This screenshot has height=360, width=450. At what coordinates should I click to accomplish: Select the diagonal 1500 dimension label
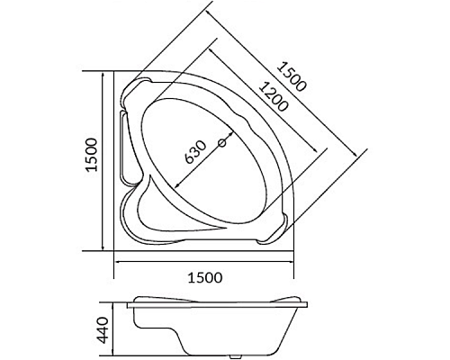(x=292, y=76)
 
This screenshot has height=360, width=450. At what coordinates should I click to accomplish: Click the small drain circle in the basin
(x=220, y=142)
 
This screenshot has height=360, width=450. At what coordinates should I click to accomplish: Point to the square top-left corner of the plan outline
(x=114, y=72)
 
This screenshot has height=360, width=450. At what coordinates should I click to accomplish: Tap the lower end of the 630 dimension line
(x=172, y=190)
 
